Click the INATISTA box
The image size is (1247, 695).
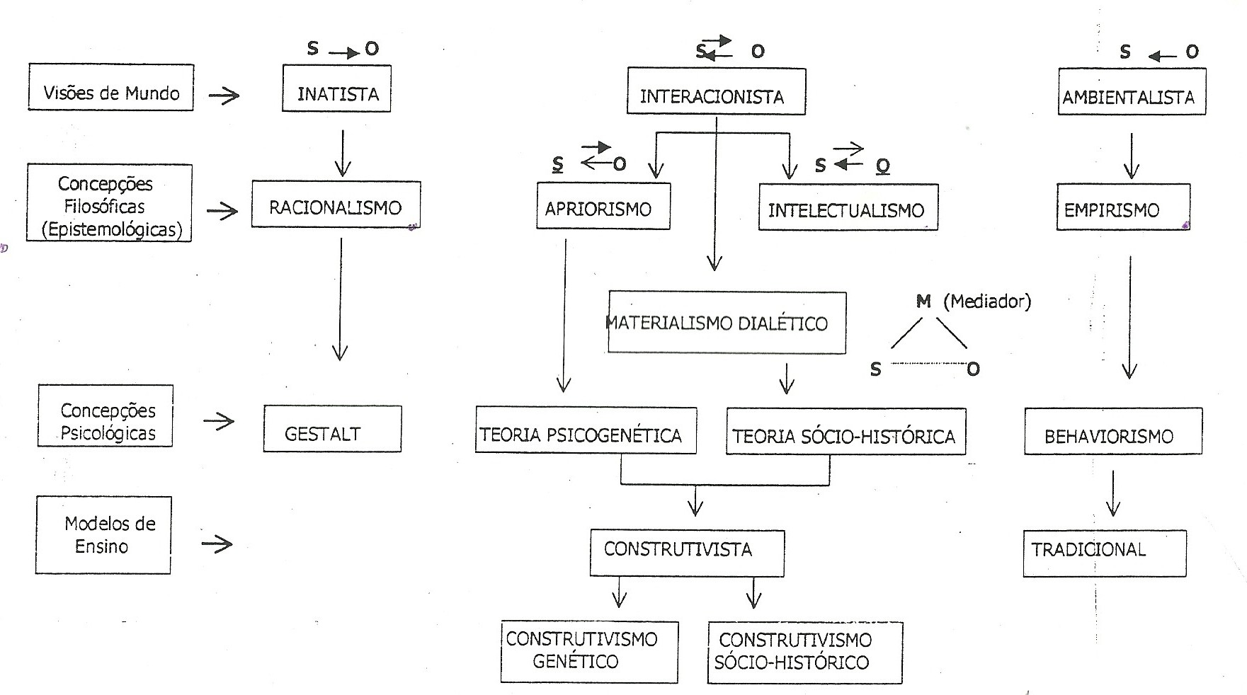(x=336, y=89)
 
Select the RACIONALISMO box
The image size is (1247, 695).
(x=336, y=205)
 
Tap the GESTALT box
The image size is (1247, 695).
(x=332, y=430)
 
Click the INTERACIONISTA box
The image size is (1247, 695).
(x=716, y=92)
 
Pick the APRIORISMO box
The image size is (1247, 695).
(x=603, y=207)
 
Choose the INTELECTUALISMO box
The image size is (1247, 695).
(x=848, y=207)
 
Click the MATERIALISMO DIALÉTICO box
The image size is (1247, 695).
(x=727, y=323)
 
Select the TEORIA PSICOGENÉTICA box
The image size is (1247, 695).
(x=586, y=430)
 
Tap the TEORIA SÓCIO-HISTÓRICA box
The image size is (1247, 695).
(x=845, y=432)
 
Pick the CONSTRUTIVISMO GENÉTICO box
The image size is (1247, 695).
(x=589, y=652)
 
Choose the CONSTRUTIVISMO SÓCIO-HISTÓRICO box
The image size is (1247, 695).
(x=804, y=653)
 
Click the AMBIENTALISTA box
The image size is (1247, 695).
(x=1132, y=92)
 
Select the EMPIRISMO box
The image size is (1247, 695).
(x=1123, y=207)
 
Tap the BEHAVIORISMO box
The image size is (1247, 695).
(x=1112, y=432)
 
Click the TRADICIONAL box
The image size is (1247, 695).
(x=1104, y=553)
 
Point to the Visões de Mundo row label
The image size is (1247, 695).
(x=110, y=88)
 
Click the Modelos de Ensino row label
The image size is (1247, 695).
(x=103, y=535)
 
